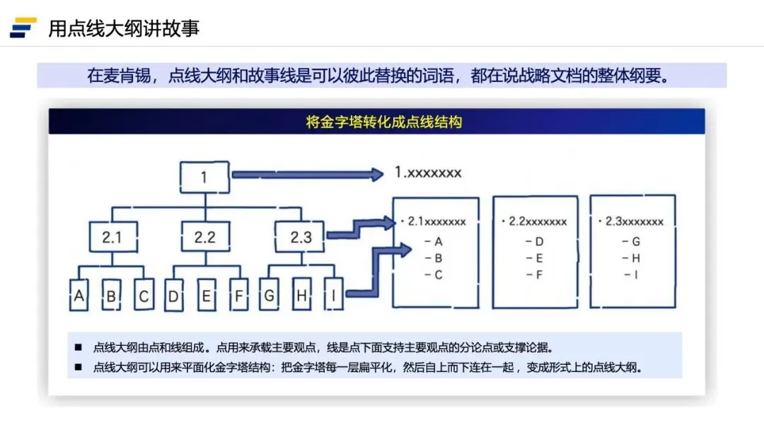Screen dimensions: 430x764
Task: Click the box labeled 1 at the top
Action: pos(204,177)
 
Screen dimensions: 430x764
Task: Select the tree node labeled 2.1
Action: pos(112,238)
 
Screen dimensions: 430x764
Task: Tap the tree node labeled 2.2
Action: pos(204,238)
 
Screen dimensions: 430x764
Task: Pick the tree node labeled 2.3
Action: pos(301,238)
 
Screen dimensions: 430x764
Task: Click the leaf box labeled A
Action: pos(79,296)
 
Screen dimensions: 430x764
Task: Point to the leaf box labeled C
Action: pos(144,296)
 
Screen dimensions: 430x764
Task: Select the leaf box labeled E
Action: pos(206,296)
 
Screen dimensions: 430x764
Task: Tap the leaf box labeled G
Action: pos(269,296)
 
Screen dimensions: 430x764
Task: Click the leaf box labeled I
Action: pos(333,296)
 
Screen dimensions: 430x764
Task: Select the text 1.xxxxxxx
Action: pos(428,173)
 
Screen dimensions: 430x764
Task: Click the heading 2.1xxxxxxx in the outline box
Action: pos(433,221)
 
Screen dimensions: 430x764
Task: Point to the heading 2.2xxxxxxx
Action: pos(534,221)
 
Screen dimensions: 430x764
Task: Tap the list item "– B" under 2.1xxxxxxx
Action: pos(433,258)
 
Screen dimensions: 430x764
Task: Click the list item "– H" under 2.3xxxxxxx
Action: pos(631,258)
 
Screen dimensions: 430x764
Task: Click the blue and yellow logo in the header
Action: pos(23,28)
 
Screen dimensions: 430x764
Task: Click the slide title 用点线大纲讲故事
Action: pos(124,28)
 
